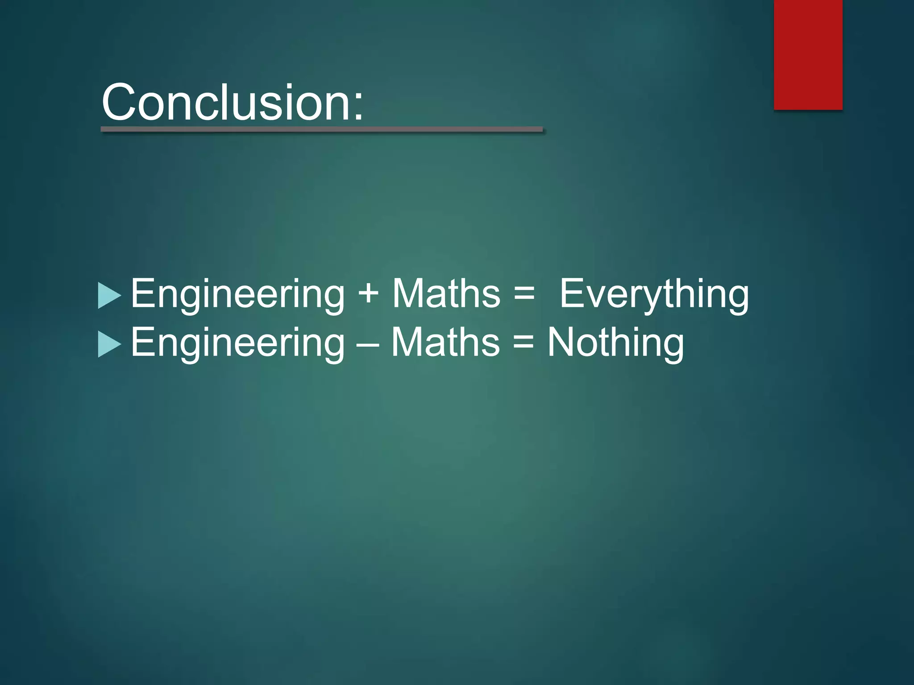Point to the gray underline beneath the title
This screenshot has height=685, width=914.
[321, 129]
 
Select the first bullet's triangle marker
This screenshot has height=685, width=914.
[108, 295]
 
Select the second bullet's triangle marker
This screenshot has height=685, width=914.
[108, 344]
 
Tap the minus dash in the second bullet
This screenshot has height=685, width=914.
[368, 344]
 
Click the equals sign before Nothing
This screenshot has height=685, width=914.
[523, 343]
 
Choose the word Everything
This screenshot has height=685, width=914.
[654, 294]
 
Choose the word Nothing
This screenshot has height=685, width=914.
[615, 343]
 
